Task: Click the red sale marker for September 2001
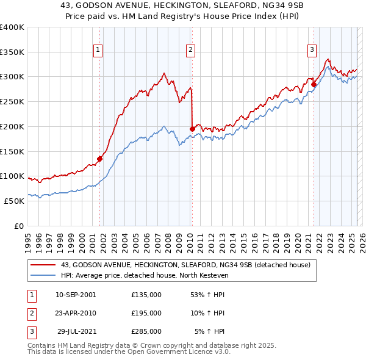(99, 159)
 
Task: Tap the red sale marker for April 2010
(192, 129)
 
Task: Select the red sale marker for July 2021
(314, 84)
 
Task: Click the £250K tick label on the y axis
(12, 101)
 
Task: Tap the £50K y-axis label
(14, 201)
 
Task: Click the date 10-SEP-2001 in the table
(76, 294)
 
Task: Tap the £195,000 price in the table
(146, 313)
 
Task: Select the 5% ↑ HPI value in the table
(209, 331)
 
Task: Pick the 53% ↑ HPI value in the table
(207, 294)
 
